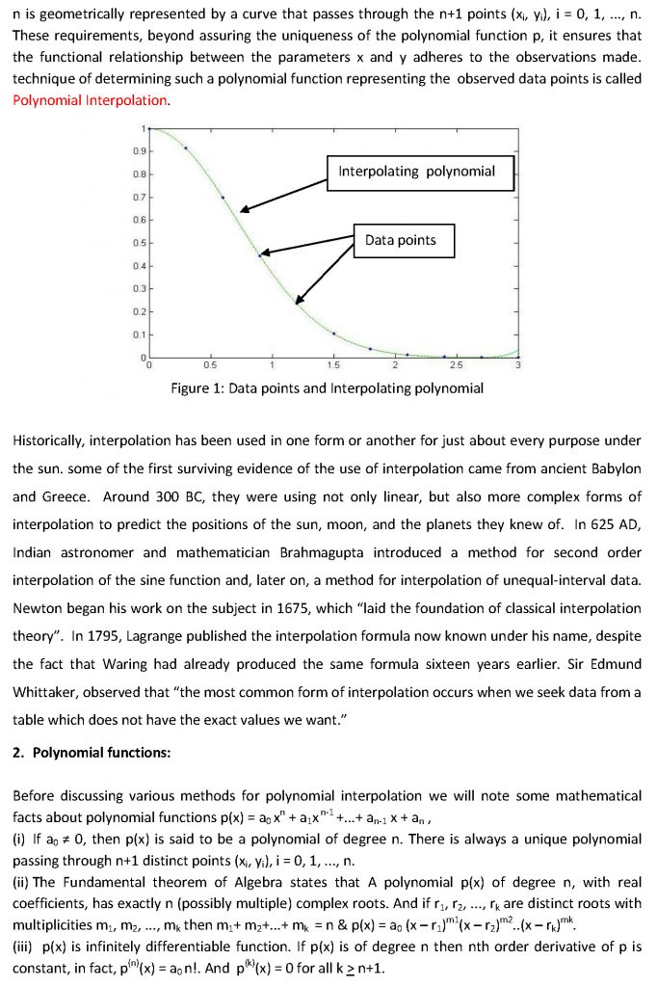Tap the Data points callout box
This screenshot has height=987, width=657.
[x=400, y=240]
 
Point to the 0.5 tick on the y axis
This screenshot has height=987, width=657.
[x=140, y=241]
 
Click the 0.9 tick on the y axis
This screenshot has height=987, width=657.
[x=140, y=150]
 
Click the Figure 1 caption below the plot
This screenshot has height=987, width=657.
[x=327, y=388]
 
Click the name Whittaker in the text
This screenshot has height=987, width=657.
[x=52, y=692]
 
